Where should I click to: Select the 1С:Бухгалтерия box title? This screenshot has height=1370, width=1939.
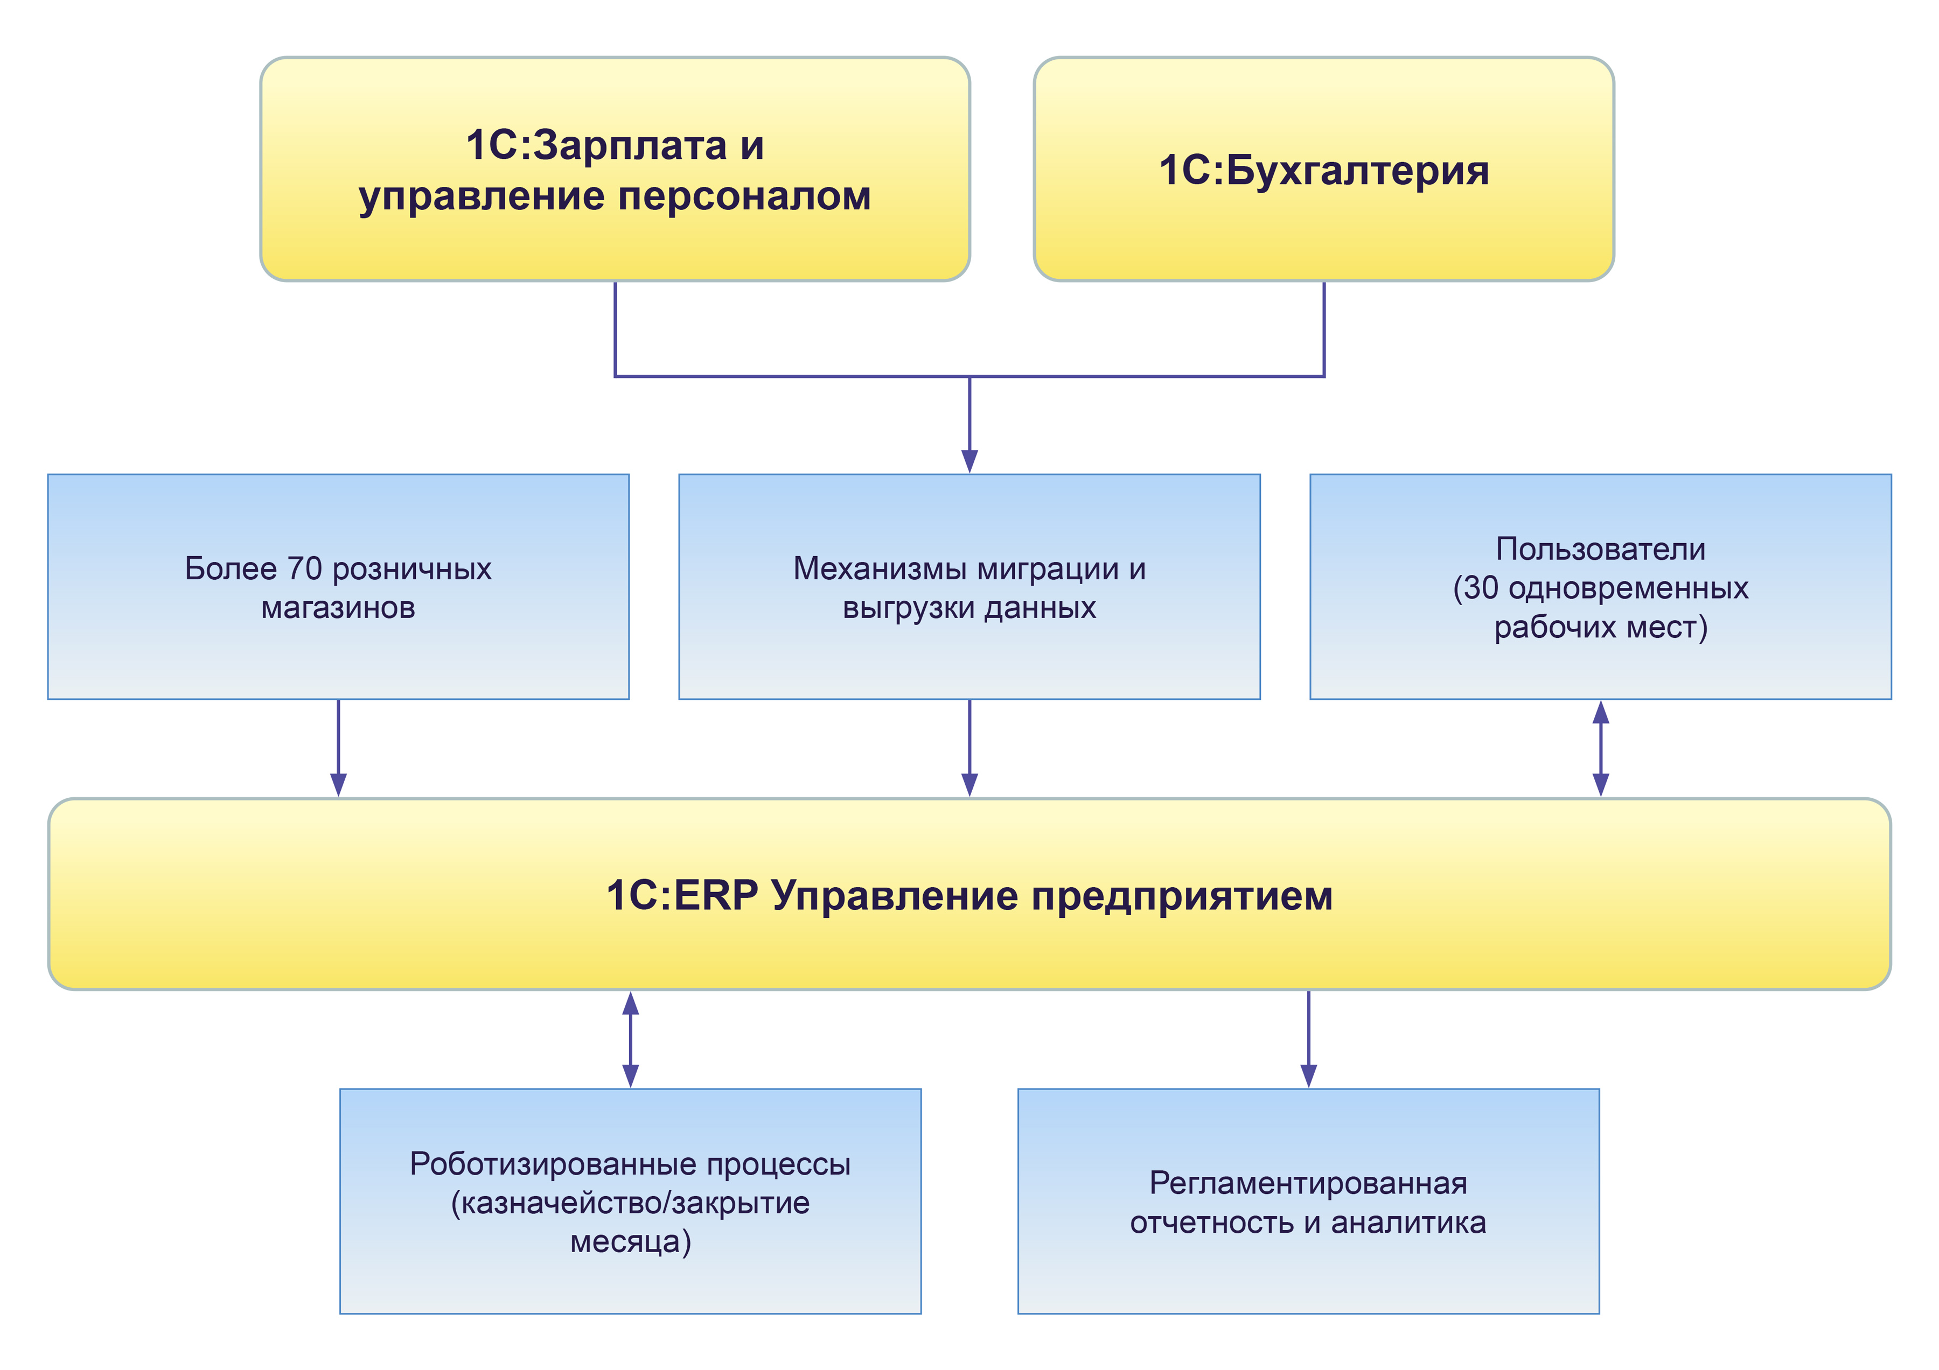click(1323, 171)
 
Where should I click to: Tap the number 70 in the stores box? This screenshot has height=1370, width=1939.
click(305, 569)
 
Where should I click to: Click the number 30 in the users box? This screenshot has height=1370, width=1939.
click(1481, 588)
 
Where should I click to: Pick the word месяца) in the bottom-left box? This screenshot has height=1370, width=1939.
click(630, 1242)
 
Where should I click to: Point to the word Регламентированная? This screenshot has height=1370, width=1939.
click(1308, 1183)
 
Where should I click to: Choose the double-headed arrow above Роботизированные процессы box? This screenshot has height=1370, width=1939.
click(630, 1038)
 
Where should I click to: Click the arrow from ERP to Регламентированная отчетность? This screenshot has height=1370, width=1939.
click(1308, 1038)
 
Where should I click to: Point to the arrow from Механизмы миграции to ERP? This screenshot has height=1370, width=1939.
click(970, 748)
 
